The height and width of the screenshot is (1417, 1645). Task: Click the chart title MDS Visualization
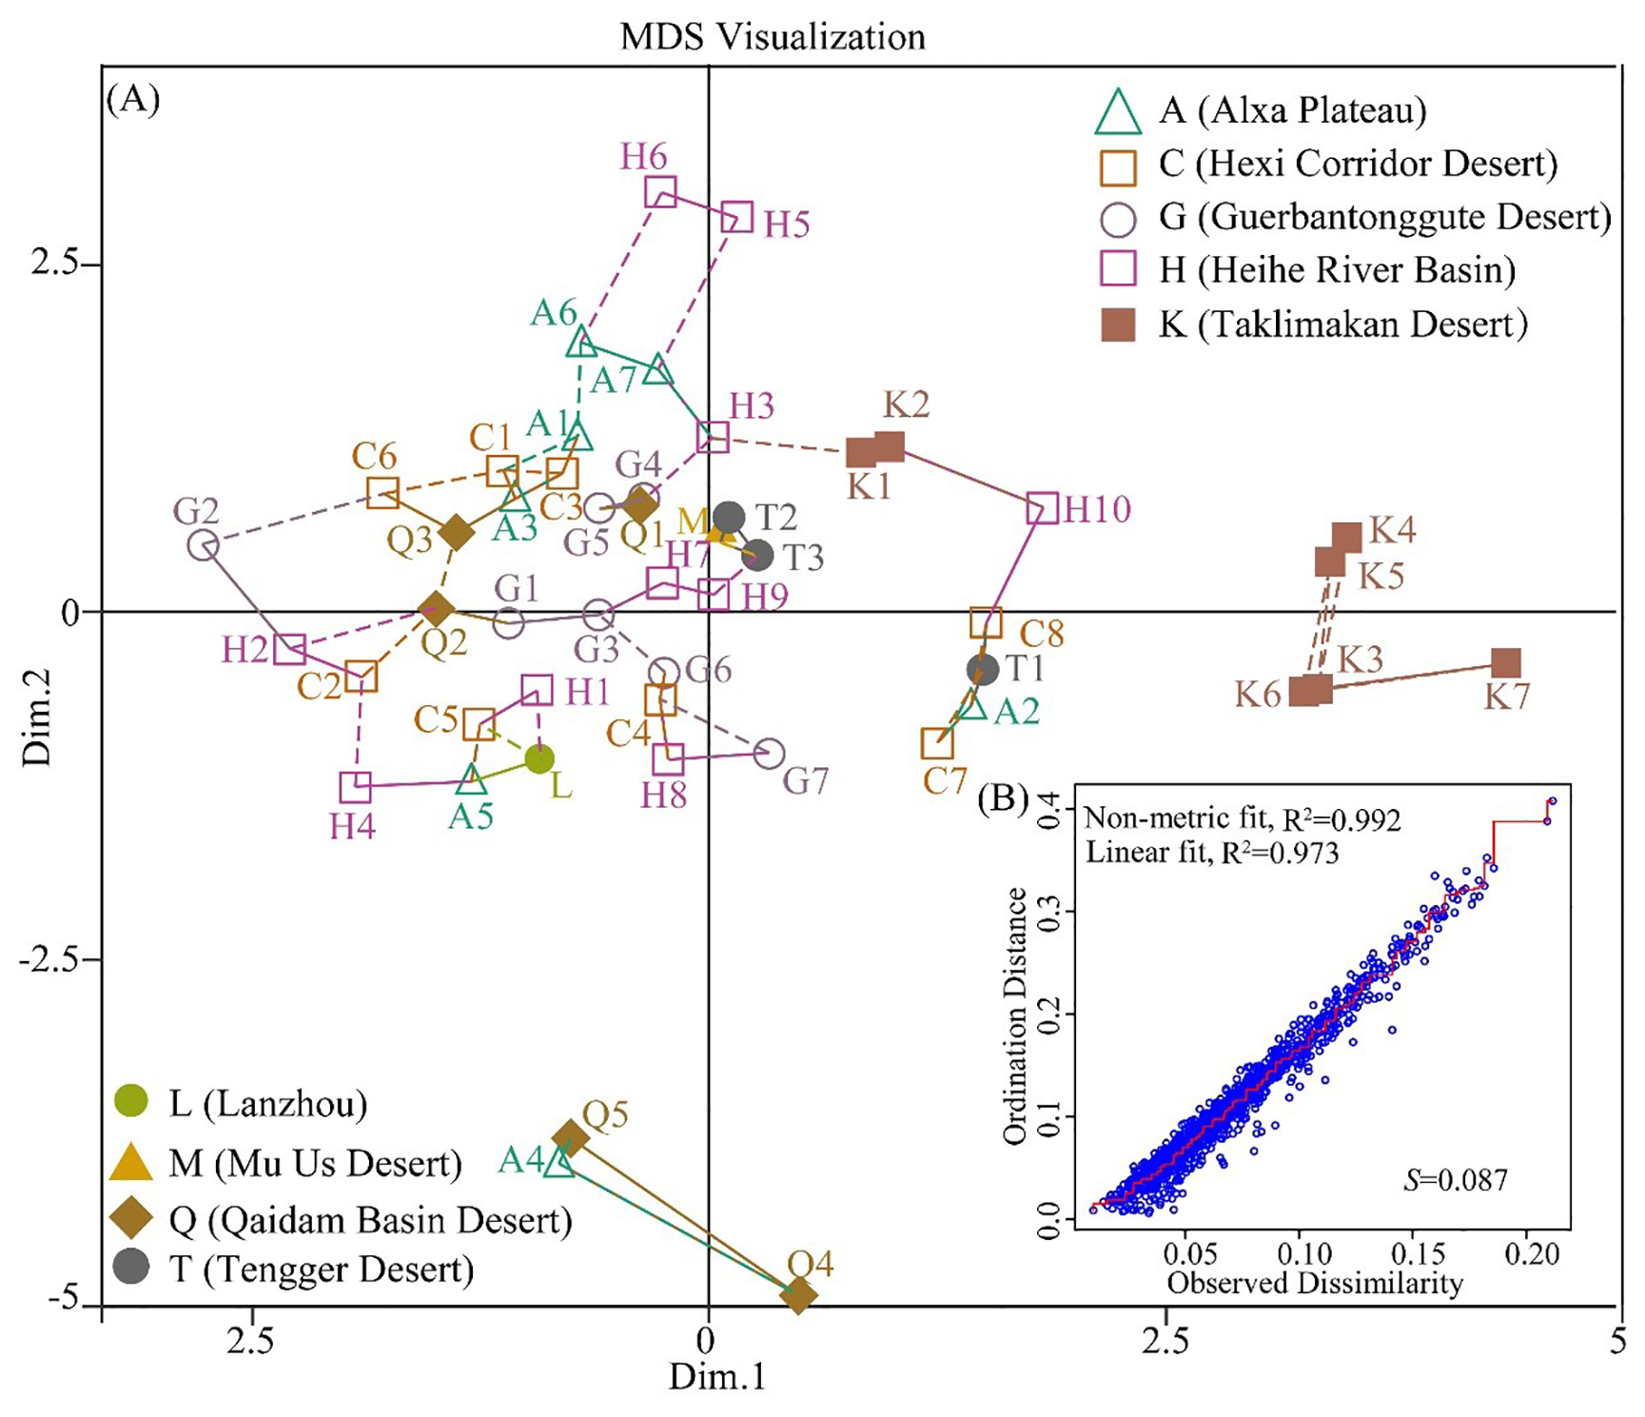click(773, 37)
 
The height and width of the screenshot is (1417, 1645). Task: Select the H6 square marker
click(660, 192)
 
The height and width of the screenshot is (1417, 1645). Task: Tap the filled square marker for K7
click(1505, 662)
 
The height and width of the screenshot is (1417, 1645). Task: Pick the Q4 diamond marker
click(798, 1294)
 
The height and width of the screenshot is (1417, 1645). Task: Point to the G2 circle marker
click(204, 545)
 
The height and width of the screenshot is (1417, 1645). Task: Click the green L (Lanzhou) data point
click(539, 759)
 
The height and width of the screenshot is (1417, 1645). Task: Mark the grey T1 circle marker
click(982, 669)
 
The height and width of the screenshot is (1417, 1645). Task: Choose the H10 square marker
click(1042, 508)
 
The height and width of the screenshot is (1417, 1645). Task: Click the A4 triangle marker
click(559, 1162)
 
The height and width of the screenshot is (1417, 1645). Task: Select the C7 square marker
click(937, 743)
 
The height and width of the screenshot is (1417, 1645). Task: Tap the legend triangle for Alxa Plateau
click(1118, 112)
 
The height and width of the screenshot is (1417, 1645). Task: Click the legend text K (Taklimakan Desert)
click(1342, 325)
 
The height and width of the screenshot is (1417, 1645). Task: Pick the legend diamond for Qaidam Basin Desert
click(131, 1219)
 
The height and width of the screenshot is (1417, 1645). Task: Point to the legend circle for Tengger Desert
click(131, 1268)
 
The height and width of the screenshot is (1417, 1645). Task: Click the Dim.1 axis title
click(716, 1377)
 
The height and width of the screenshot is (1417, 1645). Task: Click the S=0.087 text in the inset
click(1455, 1181)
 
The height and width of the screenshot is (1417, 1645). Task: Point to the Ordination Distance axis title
click(1015, 1015)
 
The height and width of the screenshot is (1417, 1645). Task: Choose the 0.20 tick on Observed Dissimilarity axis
click(1531, 1254)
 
